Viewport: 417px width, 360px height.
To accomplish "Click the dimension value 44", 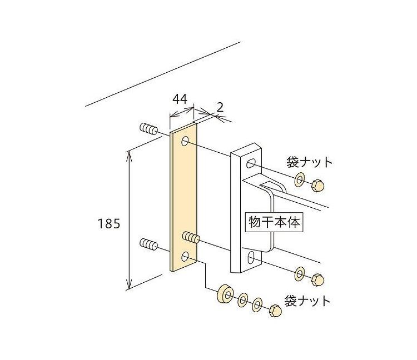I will coord(178,100).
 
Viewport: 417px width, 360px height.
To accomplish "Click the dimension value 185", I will coord(108,224).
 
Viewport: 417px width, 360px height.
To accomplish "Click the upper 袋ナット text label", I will coord(309,162).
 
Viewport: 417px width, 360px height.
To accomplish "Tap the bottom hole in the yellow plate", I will coord(186,257).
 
